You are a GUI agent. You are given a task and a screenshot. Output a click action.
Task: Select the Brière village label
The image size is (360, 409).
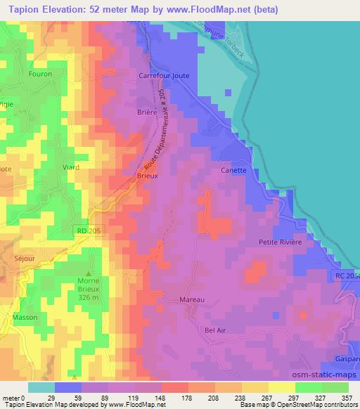point(147,111)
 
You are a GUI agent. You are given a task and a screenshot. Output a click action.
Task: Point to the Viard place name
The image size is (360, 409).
point(71,167)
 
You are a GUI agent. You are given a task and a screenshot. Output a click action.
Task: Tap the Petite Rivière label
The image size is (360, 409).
point(280,242)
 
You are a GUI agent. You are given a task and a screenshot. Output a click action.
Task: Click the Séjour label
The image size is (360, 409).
point(23,258)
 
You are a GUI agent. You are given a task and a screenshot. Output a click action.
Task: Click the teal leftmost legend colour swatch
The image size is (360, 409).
point(41,387)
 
